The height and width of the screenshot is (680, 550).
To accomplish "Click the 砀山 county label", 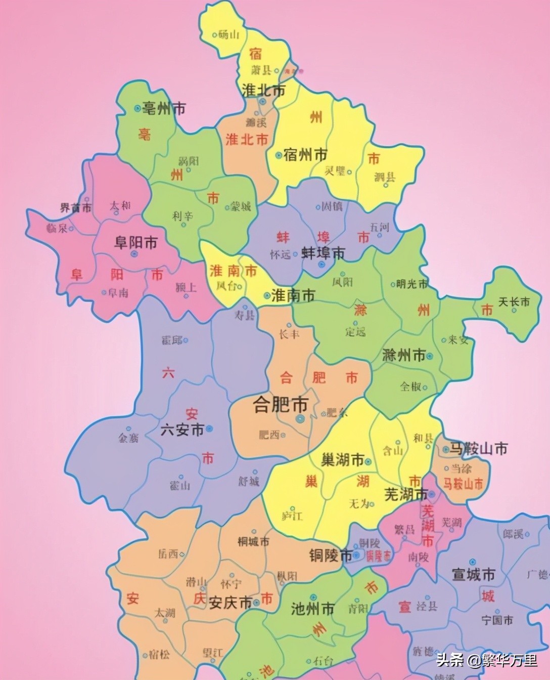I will coord(229,34).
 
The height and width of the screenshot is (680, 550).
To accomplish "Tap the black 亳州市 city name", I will coord(163,108).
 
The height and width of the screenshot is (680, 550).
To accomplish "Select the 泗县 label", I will coord(385,177).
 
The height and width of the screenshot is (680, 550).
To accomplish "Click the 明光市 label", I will coord(412,284).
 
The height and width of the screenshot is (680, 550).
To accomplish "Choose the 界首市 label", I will coord(76,207).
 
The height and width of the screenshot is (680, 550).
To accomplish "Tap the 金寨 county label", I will coord(128,437).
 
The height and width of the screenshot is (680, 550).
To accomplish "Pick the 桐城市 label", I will coord(254,541).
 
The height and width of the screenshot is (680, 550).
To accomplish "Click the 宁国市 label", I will coord(497,619).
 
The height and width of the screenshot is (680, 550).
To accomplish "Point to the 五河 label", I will coord(379,227).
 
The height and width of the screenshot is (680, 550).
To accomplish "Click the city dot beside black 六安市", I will coord(210,429).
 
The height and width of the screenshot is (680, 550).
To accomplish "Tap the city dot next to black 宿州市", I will coord(279,155).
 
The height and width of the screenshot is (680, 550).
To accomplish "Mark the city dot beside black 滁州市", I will coord(430,356).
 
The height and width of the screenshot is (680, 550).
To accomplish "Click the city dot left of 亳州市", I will coord(137,108).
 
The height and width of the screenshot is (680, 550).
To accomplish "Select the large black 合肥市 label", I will coord(281,405).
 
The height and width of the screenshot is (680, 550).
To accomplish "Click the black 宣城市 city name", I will coord(473,574).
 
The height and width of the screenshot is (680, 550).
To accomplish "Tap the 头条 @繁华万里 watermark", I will coord(486,660).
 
